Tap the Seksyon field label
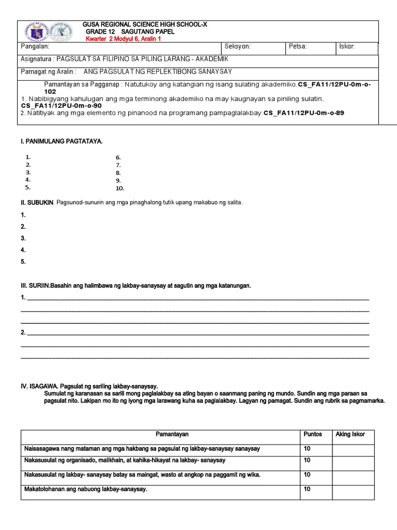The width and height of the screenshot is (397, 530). (x=238, y=47)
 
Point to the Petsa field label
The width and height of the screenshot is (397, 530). (x=298, y=47)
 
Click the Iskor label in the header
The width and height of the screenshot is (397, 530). (x=347, y=47)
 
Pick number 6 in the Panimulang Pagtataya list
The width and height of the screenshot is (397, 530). (x=118, y=157)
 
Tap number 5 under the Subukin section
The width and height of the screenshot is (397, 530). (x=23, y=262)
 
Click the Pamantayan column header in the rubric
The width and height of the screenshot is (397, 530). (x=172, y=434)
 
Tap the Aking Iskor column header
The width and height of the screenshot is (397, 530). (x=350, y=434)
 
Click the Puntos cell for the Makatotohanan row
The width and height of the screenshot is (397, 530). (x=307, y=489)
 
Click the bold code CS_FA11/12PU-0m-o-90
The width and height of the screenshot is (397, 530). (x=62, y=106)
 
